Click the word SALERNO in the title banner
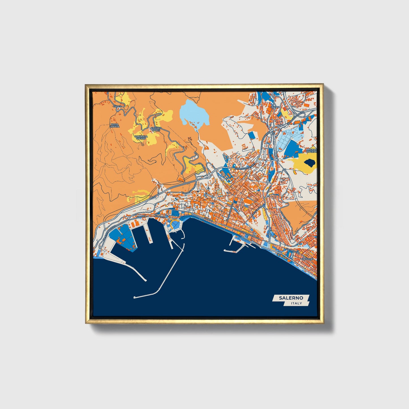pos(291,298)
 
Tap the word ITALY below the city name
pos(296,303)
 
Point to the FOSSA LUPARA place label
pos(115,125)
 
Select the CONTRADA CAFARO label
pos(141,137)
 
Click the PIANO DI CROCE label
pos(156,129)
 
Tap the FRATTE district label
pos(275,107)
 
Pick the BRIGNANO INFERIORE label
pos(311,150)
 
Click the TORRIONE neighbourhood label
pos(307,259)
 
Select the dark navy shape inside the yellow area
pos(309,163)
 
